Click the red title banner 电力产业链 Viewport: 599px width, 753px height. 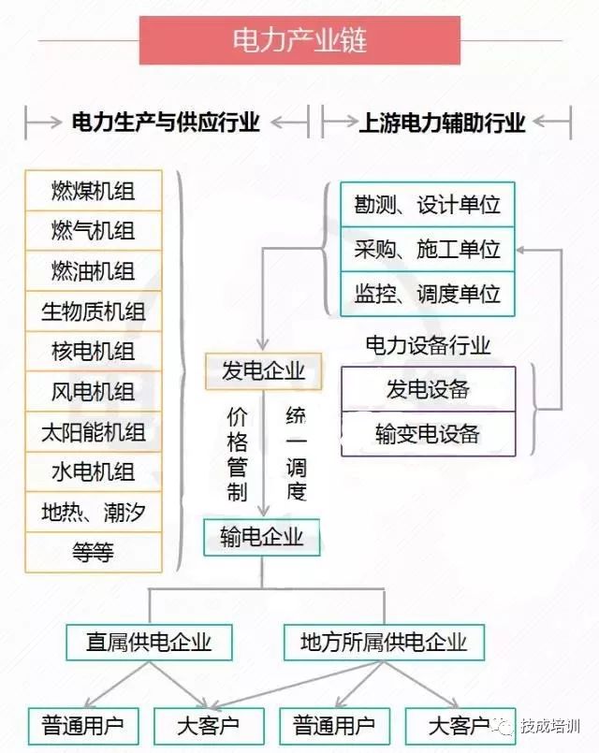pos(299,40)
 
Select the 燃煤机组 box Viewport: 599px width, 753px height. pos(94,191)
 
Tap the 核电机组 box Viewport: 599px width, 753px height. pos(94,351)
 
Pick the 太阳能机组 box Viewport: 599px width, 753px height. pos(94,432)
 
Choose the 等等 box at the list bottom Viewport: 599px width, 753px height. pos(94,552)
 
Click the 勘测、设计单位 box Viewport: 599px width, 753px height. pos(428,205)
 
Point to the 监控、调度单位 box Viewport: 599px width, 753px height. pos(428,294)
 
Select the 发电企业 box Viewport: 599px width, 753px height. pos(263,371)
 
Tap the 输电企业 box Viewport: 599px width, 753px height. pos(262,537)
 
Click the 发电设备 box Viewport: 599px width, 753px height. pos(428,389)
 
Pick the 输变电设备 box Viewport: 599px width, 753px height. pos(428,434)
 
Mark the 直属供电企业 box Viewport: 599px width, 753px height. pos(149,642)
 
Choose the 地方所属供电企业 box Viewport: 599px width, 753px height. pos(384,642)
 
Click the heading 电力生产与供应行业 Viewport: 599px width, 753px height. pos(166,122)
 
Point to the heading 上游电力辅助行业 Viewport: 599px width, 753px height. pos(442,123)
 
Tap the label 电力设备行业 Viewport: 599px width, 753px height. pos(428,345)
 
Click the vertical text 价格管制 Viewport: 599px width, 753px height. pos(238,455)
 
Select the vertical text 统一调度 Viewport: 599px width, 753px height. pos(297,454)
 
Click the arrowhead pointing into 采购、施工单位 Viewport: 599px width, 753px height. pos(521,250)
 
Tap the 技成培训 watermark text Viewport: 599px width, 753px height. pos(550,726)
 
